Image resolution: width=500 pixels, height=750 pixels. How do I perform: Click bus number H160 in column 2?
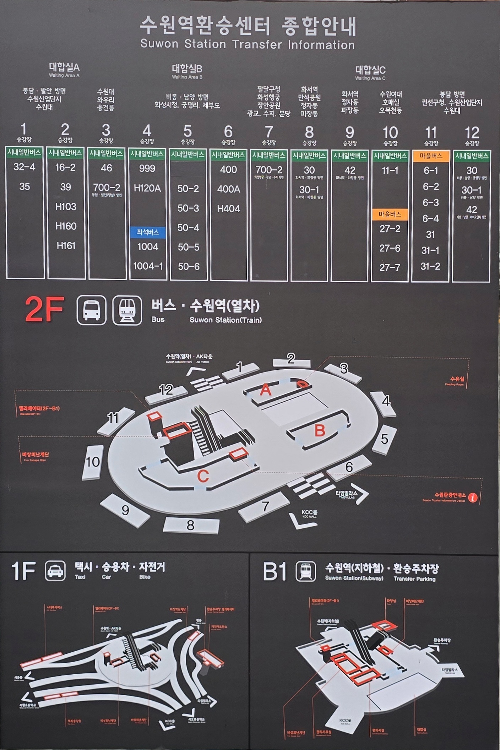[66, 226]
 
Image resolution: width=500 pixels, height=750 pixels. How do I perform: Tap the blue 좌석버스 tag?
[147, 233]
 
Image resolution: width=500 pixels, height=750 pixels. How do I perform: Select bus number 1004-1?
[148, 266]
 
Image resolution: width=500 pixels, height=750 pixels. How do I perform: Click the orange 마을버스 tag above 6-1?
[430, 156]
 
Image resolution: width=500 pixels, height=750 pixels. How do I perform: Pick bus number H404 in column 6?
[228, 209]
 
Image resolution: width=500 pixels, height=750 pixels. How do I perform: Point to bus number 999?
[147, 168]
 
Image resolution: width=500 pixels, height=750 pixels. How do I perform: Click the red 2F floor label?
[44, 309]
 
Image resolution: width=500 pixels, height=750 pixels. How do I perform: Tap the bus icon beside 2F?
[91, 310]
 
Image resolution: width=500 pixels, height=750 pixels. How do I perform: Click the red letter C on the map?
[203, 476]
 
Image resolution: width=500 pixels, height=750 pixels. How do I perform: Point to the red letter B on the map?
[320, 430]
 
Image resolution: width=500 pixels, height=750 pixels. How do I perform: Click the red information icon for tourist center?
[473, 498]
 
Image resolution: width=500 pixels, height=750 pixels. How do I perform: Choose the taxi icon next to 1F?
[55, 571]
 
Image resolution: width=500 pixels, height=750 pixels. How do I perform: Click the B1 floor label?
[274, 571]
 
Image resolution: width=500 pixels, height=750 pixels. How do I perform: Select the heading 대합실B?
[187, 69]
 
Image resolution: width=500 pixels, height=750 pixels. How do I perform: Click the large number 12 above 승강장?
[472, 133]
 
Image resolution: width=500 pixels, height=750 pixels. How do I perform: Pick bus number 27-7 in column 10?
[390, 267]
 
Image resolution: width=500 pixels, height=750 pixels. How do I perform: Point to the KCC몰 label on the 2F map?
[309, 512]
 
